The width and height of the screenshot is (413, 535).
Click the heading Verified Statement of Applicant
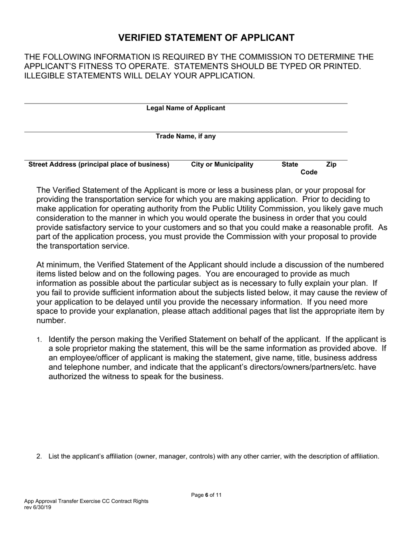tap(206, 38)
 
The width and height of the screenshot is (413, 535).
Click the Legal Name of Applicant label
tap(186, 108)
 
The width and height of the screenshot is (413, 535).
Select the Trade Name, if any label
tap(186, 137)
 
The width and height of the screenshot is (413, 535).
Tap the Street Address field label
tap(99, 164)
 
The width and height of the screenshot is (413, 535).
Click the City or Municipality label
tap(222, 164)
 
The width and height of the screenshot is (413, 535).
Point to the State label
tap(290, 164)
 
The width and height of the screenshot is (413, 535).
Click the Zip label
tap(331, 164)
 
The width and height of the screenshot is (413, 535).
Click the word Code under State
tap(309, 172)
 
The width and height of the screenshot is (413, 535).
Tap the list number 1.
tap(39, 340)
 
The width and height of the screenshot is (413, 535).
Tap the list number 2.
tap(39, 457)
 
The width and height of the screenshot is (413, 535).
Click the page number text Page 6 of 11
tap(206, 495)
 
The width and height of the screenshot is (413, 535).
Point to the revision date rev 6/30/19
tap(37, 507)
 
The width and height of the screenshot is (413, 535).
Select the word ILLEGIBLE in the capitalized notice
tap(44, 76)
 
